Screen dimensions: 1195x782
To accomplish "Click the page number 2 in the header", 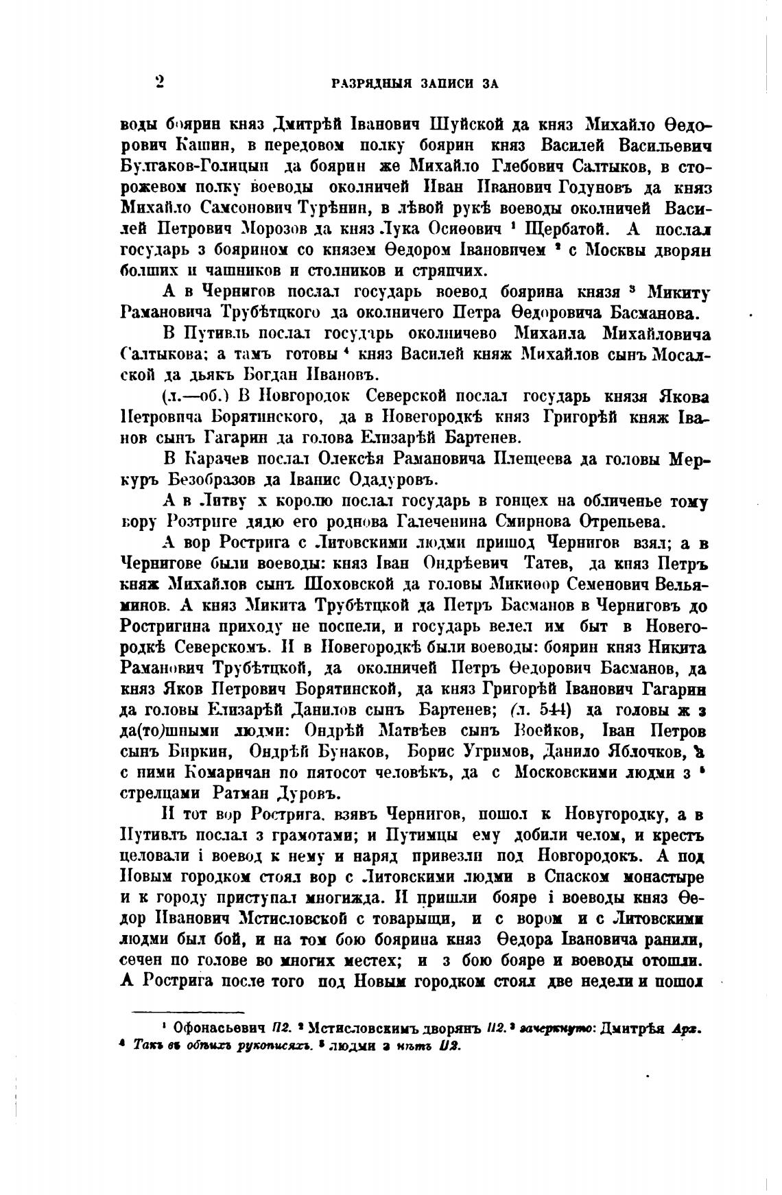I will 159,82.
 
